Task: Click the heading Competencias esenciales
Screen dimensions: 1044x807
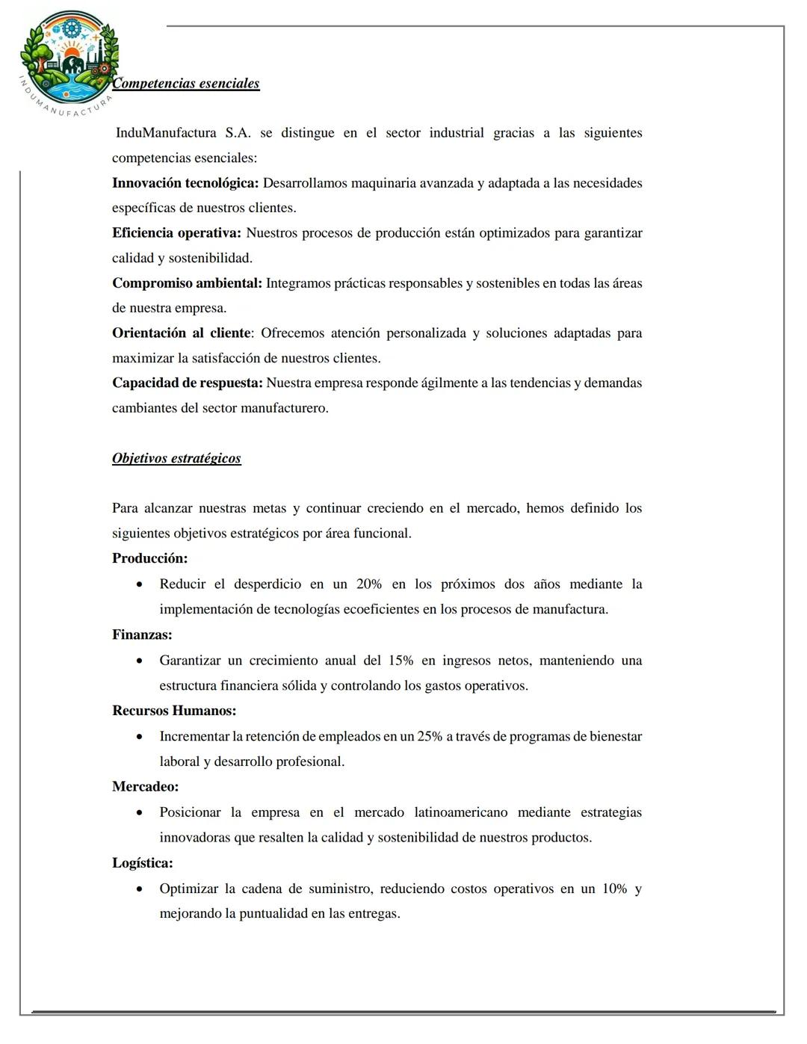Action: tap(186, 84)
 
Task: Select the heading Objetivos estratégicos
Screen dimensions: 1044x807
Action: tap(176, 458)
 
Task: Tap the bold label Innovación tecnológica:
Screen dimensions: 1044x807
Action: tap(185, 183)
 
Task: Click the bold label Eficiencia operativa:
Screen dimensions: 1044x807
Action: tap(176, 233)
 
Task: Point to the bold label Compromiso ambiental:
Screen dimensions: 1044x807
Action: tap(187, 283)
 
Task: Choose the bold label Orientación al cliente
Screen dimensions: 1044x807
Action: tap(181, 333)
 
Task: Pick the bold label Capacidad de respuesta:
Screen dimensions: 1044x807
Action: tap(187, 383)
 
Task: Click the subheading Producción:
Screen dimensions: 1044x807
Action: tap(149, 558)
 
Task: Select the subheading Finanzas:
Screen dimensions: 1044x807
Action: tap(142, 634)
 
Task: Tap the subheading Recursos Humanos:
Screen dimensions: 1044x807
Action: tap(174, 711)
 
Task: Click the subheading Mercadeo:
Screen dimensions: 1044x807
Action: tap(145, 787)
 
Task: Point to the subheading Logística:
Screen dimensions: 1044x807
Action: tap(142, 863)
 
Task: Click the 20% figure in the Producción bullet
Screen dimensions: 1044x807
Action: tap(369, 584)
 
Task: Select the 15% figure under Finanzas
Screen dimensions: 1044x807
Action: tap(401, 661)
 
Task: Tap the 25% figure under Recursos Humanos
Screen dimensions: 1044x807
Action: tap(430, 737)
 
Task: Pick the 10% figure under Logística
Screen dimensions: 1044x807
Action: tap(615, 889)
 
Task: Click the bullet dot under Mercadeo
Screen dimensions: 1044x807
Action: tap(139, 813)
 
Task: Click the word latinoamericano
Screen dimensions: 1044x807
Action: tap(461, 813)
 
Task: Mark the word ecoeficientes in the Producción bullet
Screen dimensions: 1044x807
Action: tap(380, 610)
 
